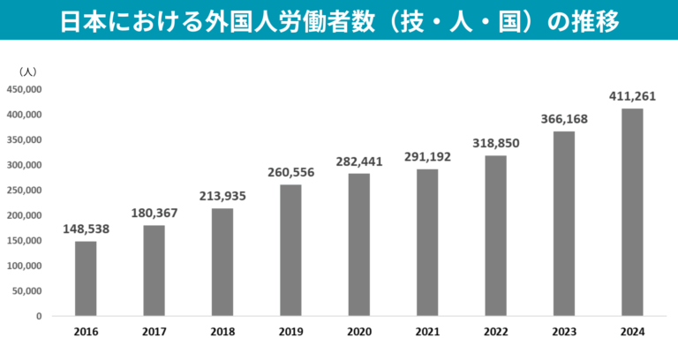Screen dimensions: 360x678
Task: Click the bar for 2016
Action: click(86, 278)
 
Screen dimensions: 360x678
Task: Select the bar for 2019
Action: click(290, 250)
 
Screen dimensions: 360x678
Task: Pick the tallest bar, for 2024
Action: click(632, 212)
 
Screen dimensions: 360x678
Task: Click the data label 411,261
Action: click(632, 95)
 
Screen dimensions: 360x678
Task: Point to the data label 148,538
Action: click(86, 229)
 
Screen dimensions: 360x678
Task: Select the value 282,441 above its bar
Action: click(358, 161)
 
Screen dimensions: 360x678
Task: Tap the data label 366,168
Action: click(564, 118)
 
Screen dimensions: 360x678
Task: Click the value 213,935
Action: click(222, 195)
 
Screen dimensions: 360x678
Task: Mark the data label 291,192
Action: click(427, 156)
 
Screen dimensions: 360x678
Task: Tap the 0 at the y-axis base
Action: click(39, 316)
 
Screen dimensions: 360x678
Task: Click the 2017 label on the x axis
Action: click(154, 332)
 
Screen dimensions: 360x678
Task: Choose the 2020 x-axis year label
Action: click(358, 332)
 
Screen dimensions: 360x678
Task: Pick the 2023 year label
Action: click(564, 332)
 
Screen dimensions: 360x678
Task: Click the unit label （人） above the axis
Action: click(26, 71)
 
